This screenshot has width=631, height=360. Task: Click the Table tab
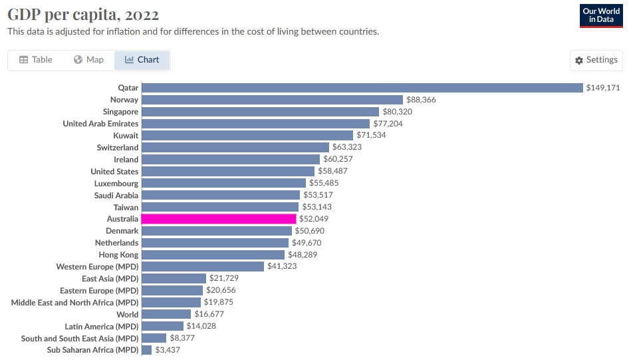pos(36,60)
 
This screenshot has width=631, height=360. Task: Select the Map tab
pos(88,60)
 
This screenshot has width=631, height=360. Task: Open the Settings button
pos(596,60)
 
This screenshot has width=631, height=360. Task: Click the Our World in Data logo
pos(601,15)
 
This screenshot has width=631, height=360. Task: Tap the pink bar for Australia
pos(219,219)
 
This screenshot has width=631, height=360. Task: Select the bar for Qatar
pos(362,88)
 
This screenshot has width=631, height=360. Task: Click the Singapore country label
pos(120,112)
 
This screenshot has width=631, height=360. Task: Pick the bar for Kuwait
pos(247,136)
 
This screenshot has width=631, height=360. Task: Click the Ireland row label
pos(126,160)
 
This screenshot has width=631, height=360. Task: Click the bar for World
pos(166,314)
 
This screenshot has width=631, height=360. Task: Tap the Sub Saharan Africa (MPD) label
pos(92,350)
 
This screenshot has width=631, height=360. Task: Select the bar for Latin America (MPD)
pos(162,326)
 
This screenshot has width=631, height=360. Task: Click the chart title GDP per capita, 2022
pos(83,14)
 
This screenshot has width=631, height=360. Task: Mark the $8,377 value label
pos(182,338)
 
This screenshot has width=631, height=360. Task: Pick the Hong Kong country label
pos(118,255)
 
